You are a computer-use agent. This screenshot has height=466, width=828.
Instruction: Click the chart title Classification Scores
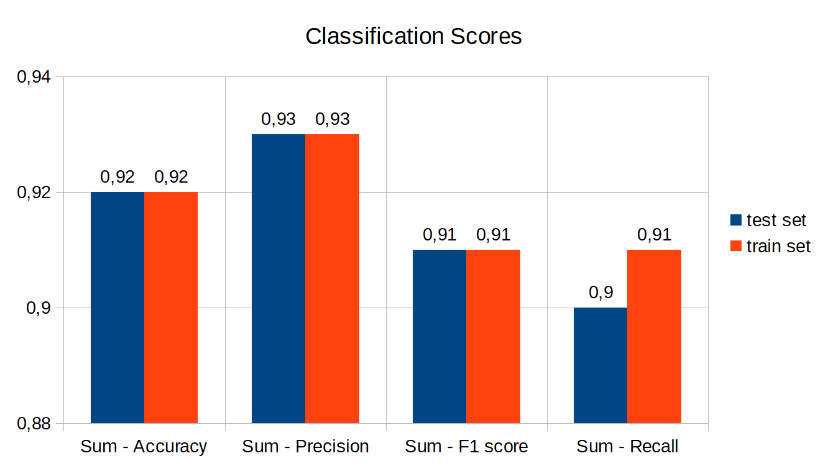coord(413,37)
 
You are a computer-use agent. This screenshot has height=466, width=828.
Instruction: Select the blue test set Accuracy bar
coord(117,308)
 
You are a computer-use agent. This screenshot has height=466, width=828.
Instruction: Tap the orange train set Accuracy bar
coord(171,308)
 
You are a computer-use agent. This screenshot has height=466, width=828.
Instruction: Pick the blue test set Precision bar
coord(278,278)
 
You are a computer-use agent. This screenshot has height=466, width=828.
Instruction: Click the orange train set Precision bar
coord(332,278)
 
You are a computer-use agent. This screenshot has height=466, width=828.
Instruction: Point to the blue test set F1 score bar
coord(439,336)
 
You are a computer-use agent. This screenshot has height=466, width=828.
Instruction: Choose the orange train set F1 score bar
coord(493,336)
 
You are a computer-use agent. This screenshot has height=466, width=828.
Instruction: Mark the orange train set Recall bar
coord(654,336)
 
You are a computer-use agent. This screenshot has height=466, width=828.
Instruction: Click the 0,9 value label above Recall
coord(600,293)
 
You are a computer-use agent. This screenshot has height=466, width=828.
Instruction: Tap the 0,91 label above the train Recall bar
coord(654,235)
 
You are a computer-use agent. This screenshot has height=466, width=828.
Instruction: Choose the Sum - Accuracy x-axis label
coord(144,446)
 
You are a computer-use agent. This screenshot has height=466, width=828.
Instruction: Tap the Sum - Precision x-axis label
coord(305,446)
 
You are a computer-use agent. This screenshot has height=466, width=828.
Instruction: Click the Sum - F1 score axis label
coord(466,446)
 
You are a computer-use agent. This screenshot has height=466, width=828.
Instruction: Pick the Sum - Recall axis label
coord(627,446)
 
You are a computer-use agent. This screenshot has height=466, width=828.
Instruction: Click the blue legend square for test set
coord(736,220)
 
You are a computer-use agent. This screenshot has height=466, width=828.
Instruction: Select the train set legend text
coord(778,247)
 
